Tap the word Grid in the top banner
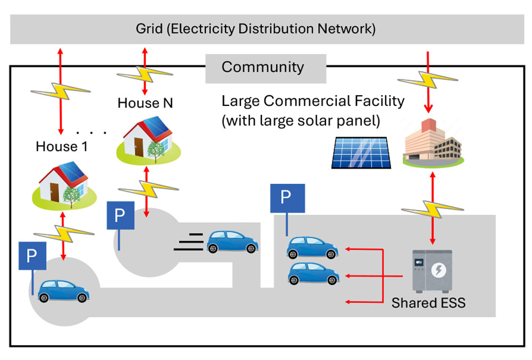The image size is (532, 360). coord(148,29)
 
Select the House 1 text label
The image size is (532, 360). coord(62,146)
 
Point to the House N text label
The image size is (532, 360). coord(145,103)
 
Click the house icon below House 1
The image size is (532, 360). coord(63,183)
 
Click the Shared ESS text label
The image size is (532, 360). coord(428,304)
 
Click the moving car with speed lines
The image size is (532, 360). coord(233,241)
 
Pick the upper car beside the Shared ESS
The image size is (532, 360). coord(313,248)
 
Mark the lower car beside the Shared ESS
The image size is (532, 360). coord(313,273)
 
